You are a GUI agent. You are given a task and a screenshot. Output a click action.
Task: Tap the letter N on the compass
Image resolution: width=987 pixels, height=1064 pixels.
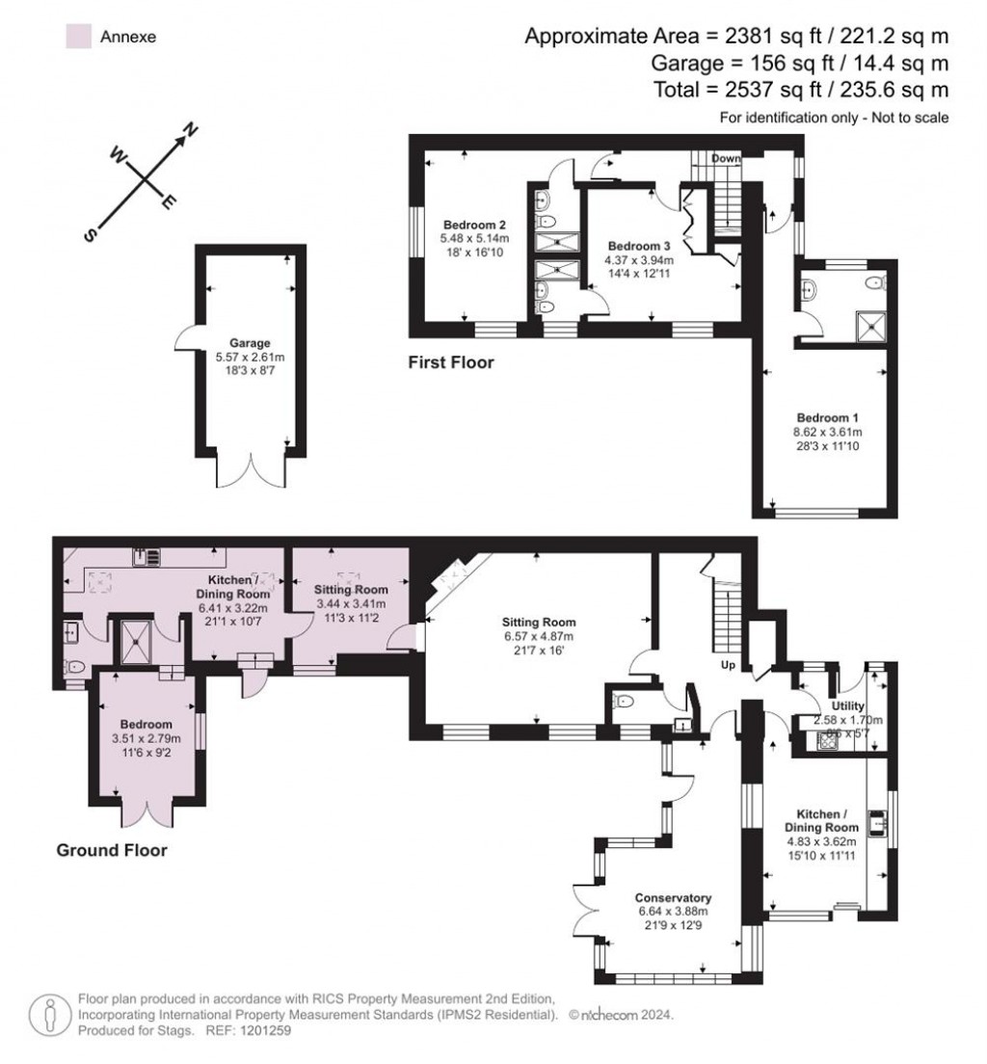(x=191, y=129)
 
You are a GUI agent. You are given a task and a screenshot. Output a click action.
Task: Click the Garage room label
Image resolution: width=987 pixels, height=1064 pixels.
(x=250, y=342)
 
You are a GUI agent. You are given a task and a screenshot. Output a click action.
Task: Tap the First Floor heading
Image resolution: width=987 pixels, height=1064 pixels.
(x=450, y=363)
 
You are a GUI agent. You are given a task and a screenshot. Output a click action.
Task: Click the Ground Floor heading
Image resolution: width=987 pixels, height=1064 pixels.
(x=112, y=850)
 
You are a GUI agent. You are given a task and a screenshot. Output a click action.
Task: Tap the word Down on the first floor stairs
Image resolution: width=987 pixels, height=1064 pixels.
(x=726, y=158)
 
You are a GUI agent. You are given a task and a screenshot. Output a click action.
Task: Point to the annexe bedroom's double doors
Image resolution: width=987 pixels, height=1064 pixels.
(x=147, y=811)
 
